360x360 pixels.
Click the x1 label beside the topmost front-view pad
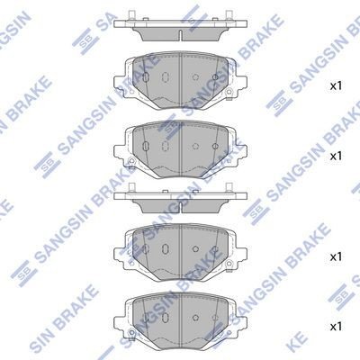point(336,86)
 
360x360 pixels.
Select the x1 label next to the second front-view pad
point(336,156)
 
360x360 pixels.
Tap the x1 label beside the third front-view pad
point(336,256)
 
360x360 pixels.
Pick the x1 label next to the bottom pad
point(336,327)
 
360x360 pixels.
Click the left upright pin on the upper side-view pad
point(130,15)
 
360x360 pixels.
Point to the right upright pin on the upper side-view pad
point(228,15)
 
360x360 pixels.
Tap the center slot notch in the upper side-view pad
point(181,35)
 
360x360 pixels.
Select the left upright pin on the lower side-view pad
point(130,188)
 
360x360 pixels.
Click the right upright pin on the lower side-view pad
point(228,188)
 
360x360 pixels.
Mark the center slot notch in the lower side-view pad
point(181,206)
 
